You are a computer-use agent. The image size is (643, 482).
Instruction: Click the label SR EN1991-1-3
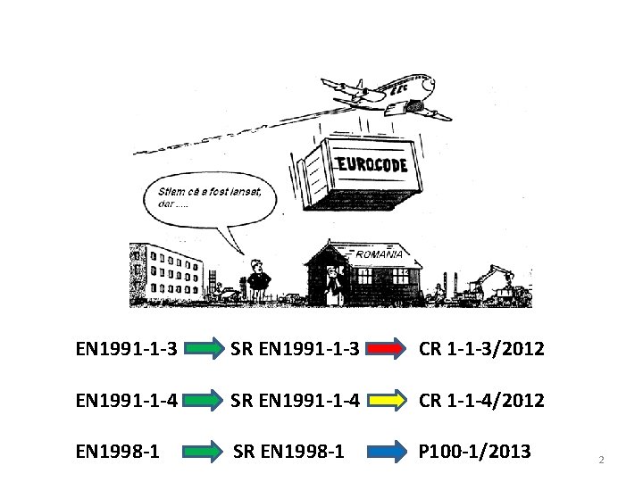click(295, 349)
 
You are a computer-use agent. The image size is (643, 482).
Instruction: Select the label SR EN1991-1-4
click(295, 401)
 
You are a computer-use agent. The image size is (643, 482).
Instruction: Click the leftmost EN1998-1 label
click(119, 453)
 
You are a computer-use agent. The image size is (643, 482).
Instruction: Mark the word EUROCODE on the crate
click(372, 165)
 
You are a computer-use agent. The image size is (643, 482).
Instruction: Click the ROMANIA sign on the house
click(380, 254)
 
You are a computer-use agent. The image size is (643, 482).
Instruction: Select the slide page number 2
click(601, 460)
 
